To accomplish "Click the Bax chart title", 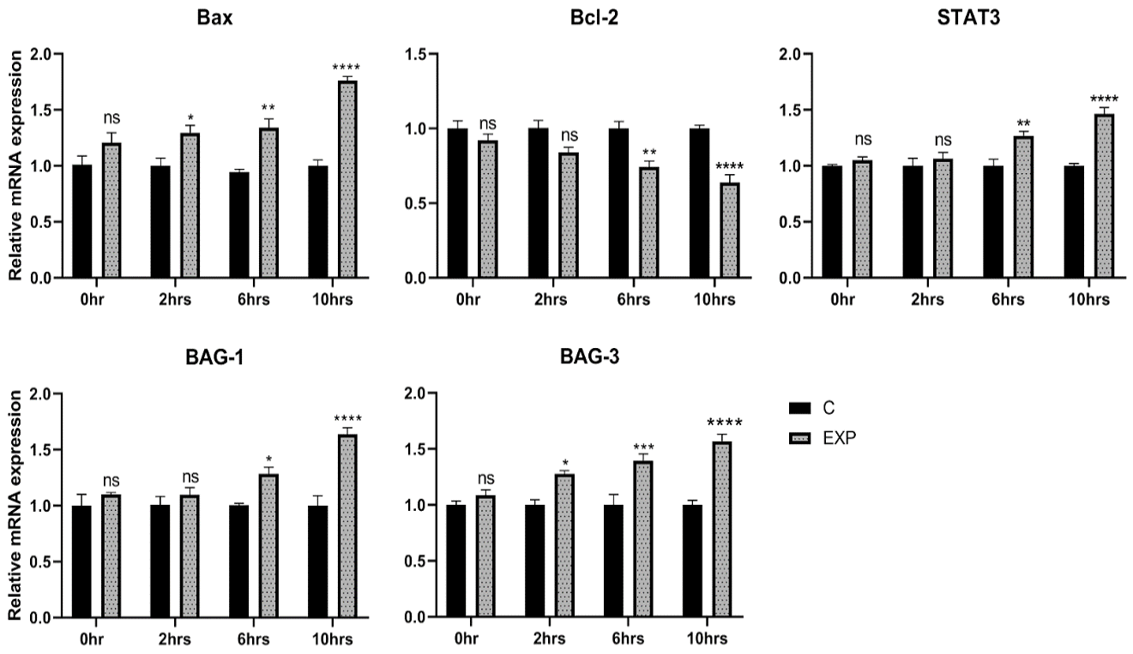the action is coord(214,18).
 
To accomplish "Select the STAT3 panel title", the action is coord(968,18).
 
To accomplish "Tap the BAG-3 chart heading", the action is coord(589,357).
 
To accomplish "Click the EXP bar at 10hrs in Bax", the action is coord(347,179).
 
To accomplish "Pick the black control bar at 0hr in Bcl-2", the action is coord(457,202).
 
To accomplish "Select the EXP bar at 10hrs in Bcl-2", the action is coord(729,230).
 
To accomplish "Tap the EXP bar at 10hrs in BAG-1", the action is coord(347,525).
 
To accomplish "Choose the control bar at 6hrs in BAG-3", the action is coord(613,561).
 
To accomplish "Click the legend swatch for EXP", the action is coord(799,438).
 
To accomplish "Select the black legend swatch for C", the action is coord(799,408).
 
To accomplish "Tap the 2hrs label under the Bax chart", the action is coord(175,300).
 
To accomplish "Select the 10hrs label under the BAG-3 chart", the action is coord(707,639).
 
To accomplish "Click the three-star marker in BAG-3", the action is coord(643,447).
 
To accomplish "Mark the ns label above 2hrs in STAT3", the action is coord(943,140).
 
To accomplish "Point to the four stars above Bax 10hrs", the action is coord(346,67).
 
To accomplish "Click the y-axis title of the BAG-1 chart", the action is coord(15,505).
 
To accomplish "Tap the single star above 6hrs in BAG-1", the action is coord(268,459).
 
